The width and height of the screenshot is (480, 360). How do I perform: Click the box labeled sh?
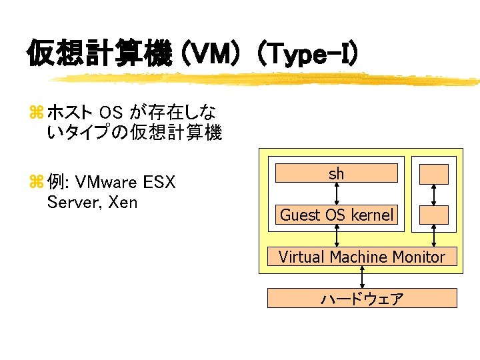pos(337,173)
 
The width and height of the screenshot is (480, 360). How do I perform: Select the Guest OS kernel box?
pos(337,215)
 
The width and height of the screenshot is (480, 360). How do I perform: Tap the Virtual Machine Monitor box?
pos(362,257)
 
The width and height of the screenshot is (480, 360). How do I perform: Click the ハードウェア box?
pos(362,298)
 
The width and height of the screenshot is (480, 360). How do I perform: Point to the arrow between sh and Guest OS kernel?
pos(337,193)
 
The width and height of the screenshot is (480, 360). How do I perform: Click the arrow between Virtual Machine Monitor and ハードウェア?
pos(362,277)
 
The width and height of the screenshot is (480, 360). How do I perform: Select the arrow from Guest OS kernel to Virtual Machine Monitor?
pos(337,235)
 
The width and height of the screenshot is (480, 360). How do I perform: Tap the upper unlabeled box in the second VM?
pos(433,174)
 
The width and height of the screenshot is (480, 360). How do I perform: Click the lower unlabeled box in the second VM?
pos(433,215)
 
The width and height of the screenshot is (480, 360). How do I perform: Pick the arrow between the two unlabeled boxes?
pos(434,194)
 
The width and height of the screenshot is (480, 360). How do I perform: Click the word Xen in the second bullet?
pos(122,202)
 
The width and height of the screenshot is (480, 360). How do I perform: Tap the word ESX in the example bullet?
pos(160,182)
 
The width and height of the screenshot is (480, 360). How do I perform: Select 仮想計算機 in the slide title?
pos(99,53)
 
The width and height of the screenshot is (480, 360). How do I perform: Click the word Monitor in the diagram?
pos(419,257)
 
